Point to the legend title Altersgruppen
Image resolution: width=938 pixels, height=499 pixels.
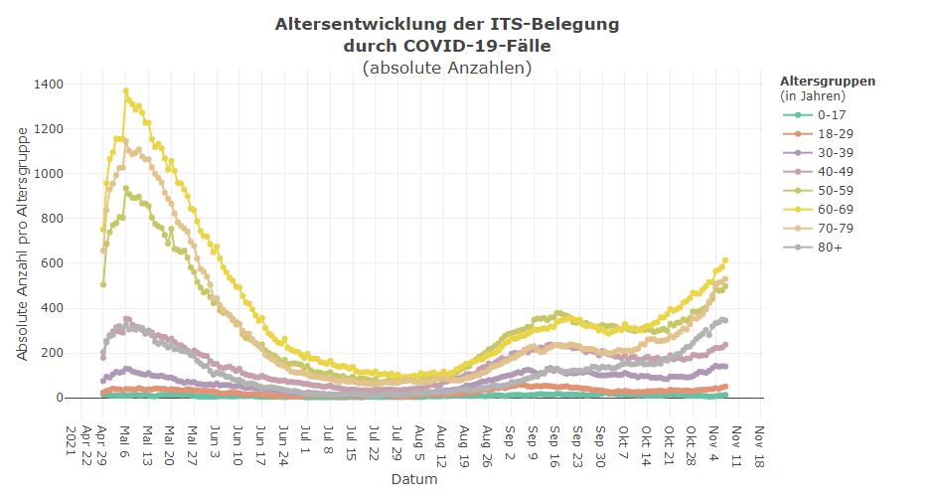click(828, 81)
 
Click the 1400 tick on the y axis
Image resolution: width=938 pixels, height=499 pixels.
click(49, 84)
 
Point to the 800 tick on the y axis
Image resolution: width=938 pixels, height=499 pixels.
click(52, 219)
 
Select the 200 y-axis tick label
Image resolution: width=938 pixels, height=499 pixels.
click(52, 353)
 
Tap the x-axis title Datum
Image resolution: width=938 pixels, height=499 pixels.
click(412, 480)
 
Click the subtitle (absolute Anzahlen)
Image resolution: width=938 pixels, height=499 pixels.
click(447, 68)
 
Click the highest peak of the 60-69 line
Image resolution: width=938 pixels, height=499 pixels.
click(126, 91)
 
